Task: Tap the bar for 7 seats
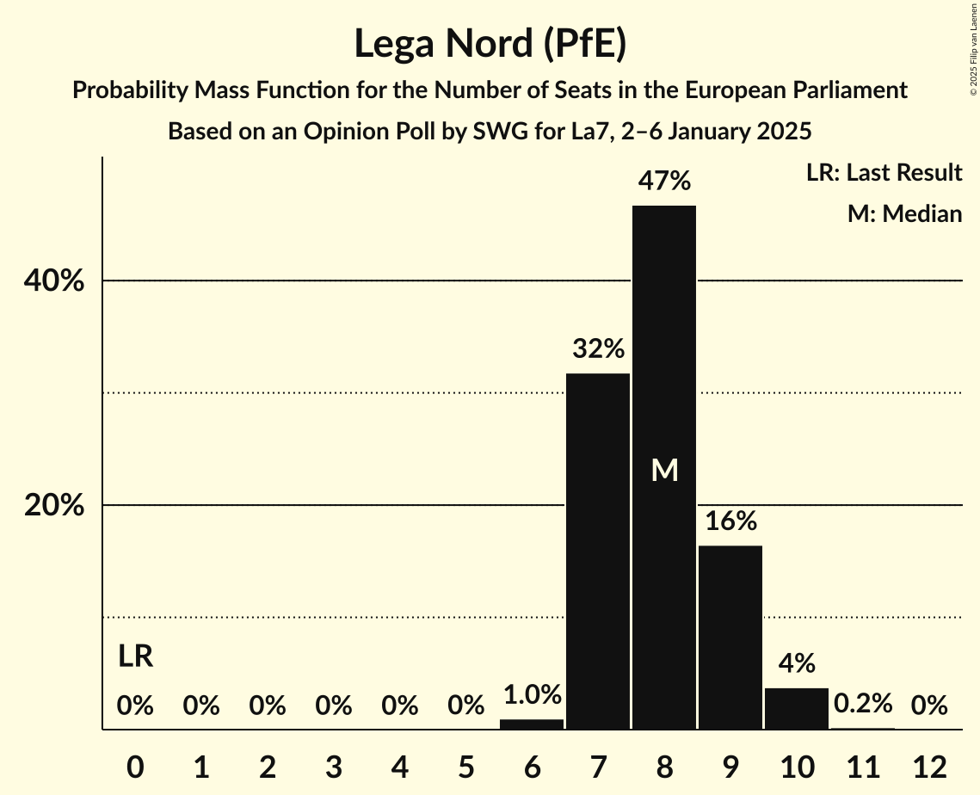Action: pyautogui.click(x=598, y=551)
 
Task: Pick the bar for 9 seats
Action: pyautogui.click(x=730, y=637)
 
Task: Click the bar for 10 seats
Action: pyautogui.click(x=797, y=708)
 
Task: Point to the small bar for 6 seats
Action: pyautogui.click(x=532, y=724)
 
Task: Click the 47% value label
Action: pyautogui.click(x=664, y=182)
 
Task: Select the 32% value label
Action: pyautogui.click(x=598, y=349)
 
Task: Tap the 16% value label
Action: pyautogui.click(x=730, y=521)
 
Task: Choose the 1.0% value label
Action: pyautogui.click(x=532, y=695)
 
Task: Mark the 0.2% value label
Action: pyautogui.click(x=863, y=705)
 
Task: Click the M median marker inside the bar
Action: pyautogui.click(x=664, y=470)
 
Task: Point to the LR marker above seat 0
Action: pyautogui.click(x=135, y=656)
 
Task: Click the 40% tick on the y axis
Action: pyautogui.click(x=54, y=281)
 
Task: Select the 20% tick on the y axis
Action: pyautogui.click(x=54, y=506)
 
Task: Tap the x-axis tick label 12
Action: pyautogui.click(x=929, y=767)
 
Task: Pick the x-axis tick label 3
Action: pyautogui.click(x=334, y=767)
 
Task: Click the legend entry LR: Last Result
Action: pyautogui.click(x=884, y=173)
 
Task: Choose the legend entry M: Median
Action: pyautogui.click(x=904, y=213)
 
